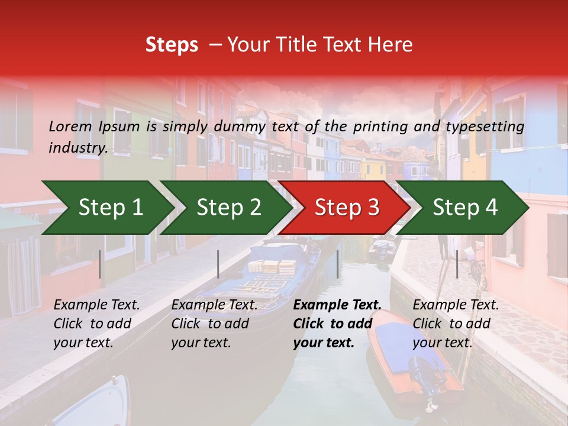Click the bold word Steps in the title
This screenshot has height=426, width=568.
[x=172, y=45]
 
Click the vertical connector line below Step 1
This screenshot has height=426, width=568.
[x=100, y=264]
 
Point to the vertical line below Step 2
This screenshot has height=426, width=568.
[x=218, y=264]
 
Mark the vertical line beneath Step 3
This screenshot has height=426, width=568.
[x=337, y=264]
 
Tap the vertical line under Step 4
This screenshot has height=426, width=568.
[x=457, y=264]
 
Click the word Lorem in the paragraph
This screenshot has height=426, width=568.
[x=70, y=126]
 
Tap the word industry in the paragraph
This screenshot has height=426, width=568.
[x=78, y=147]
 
